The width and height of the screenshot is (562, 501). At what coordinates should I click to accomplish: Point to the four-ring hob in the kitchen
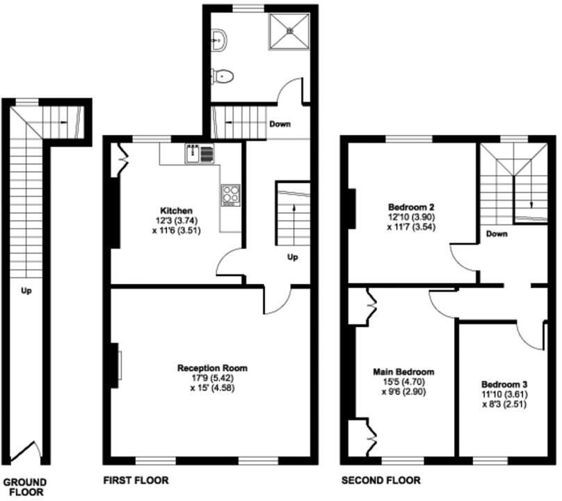click(231, 195)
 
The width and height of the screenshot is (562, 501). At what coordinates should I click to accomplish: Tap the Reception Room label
click(212, 368)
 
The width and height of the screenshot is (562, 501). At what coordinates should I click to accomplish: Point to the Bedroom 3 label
click(504, 384)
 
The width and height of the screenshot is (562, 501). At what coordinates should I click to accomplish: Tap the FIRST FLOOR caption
click(136, 480)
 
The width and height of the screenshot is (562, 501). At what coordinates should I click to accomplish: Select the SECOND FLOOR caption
click(380, 480)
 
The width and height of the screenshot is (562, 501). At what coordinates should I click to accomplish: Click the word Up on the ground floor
click(26, 291)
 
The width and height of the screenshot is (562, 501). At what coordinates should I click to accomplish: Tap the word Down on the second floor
click(497, 234)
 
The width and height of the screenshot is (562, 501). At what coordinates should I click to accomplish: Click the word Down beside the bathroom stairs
click(280, 125)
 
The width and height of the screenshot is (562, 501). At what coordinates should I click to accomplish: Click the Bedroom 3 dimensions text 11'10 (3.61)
click(504, 395)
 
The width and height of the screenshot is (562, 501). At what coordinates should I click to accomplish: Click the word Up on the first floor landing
click(293, 257)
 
